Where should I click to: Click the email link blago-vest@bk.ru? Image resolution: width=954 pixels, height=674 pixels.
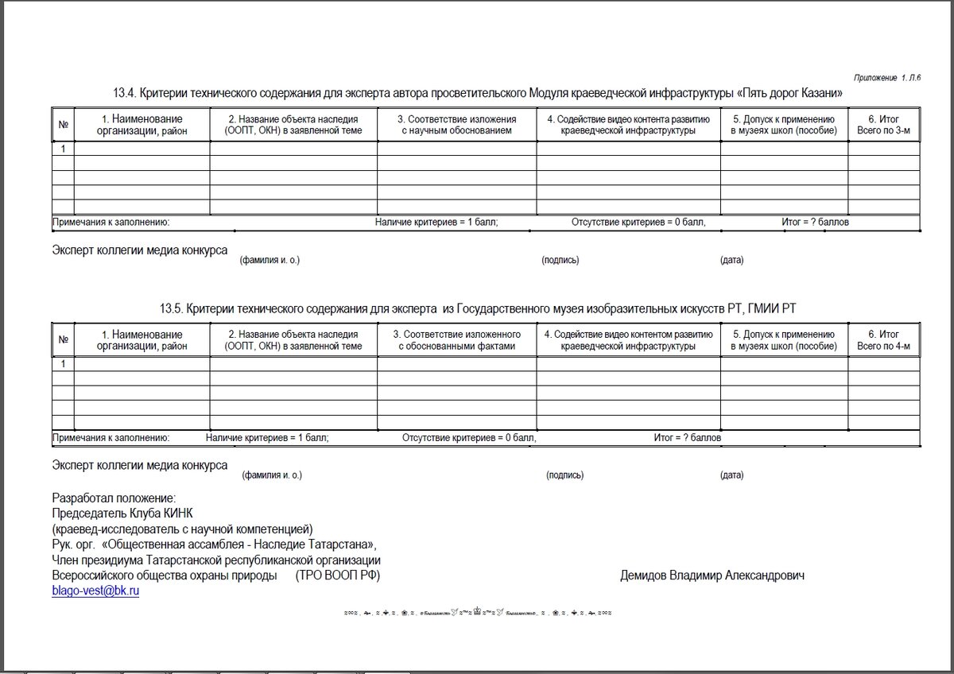coord(95,591)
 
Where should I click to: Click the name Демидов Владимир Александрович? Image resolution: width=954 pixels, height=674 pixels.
coord(712,575)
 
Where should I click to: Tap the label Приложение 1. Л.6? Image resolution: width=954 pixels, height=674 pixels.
coord(887,78)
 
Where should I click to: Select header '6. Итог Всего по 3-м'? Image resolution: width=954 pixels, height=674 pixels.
coord(883,125)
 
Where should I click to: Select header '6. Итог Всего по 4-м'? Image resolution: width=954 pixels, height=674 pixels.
coord(883,340)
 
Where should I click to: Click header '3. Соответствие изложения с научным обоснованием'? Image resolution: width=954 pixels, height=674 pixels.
coord(456,125)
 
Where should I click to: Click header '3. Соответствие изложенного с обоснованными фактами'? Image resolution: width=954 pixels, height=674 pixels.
coord(456,340)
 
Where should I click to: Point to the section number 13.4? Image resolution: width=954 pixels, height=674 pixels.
coord(126,94)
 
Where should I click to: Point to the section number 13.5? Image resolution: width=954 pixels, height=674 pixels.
coord(172,308)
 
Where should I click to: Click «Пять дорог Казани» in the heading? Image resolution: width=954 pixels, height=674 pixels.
coord(789,94)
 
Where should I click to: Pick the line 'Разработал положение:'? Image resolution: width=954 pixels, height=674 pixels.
coord(113,498)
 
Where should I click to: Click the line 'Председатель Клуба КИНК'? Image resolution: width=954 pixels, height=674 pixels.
coord(122,513)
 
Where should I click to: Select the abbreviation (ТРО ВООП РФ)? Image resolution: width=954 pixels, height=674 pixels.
coord(337,575)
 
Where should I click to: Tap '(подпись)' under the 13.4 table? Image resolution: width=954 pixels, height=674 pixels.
coord(560,261)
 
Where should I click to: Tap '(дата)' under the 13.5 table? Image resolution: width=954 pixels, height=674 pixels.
coord(731,475)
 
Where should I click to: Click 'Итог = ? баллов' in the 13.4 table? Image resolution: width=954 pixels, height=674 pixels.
coord(815,223)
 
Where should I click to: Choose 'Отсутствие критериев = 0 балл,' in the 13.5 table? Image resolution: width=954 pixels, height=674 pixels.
coord(469,438)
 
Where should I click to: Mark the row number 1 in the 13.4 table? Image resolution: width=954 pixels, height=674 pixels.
coord(63,149)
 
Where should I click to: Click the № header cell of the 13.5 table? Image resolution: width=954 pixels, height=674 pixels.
coord(63,340)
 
